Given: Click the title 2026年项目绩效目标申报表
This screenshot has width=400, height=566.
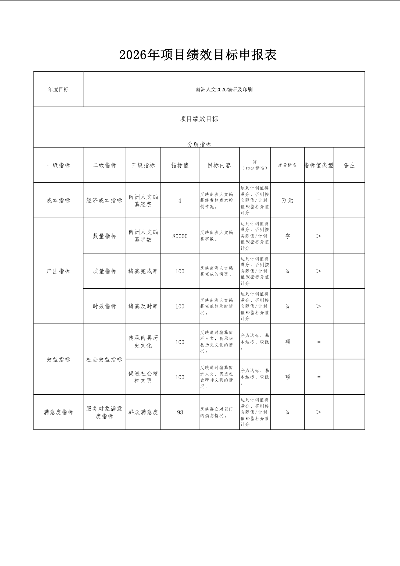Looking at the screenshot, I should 198,55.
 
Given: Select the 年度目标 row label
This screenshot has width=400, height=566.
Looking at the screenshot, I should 58,90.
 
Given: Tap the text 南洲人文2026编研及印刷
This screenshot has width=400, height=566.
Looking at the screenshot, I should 224,90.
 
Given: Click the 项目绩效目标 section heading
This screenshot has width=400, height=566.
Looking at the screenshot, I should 199,119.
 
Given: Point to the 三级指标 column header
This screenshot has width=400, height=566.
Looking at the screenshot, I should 143,165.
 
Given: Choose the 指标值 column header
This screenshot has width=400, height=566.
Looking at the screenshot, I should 180,165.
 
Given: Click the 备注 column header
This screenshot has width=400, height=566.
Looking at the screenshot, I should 349,165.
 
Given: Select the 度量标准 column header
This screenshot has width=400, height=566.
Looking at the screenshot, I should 287,165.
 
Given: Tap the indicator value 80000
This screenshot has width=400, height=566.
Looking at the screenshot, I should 180,236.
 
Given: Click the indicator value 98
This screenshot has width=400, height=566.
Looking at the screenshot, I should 180,412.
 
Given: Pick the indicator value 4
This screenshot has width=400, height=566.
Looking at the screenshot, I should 180,200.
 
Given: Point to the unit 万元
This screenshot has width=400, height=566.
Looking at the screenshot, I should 287,200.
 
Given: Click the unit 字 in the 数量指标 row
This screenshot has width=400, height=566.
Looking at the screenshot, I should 287,236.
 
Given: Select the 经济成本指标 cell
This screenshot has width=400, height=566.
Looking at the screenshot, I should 104,200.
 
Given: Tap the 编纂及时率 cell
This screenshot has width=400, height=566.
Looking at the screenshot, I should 143,306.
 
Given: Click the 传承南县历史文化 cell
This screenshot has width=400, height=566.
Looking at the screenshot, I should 143,342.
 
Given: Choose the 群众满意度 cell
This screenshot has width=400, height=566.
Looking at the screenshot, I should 143,412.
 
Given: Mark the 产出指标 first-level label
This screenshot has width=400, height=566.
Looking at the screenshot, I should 58,271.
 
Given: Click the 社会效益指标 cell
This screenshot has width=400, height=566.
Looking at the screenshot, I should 104,359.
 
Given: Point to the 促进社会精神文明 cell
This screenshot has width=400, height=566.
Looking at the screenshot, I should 143,377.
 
